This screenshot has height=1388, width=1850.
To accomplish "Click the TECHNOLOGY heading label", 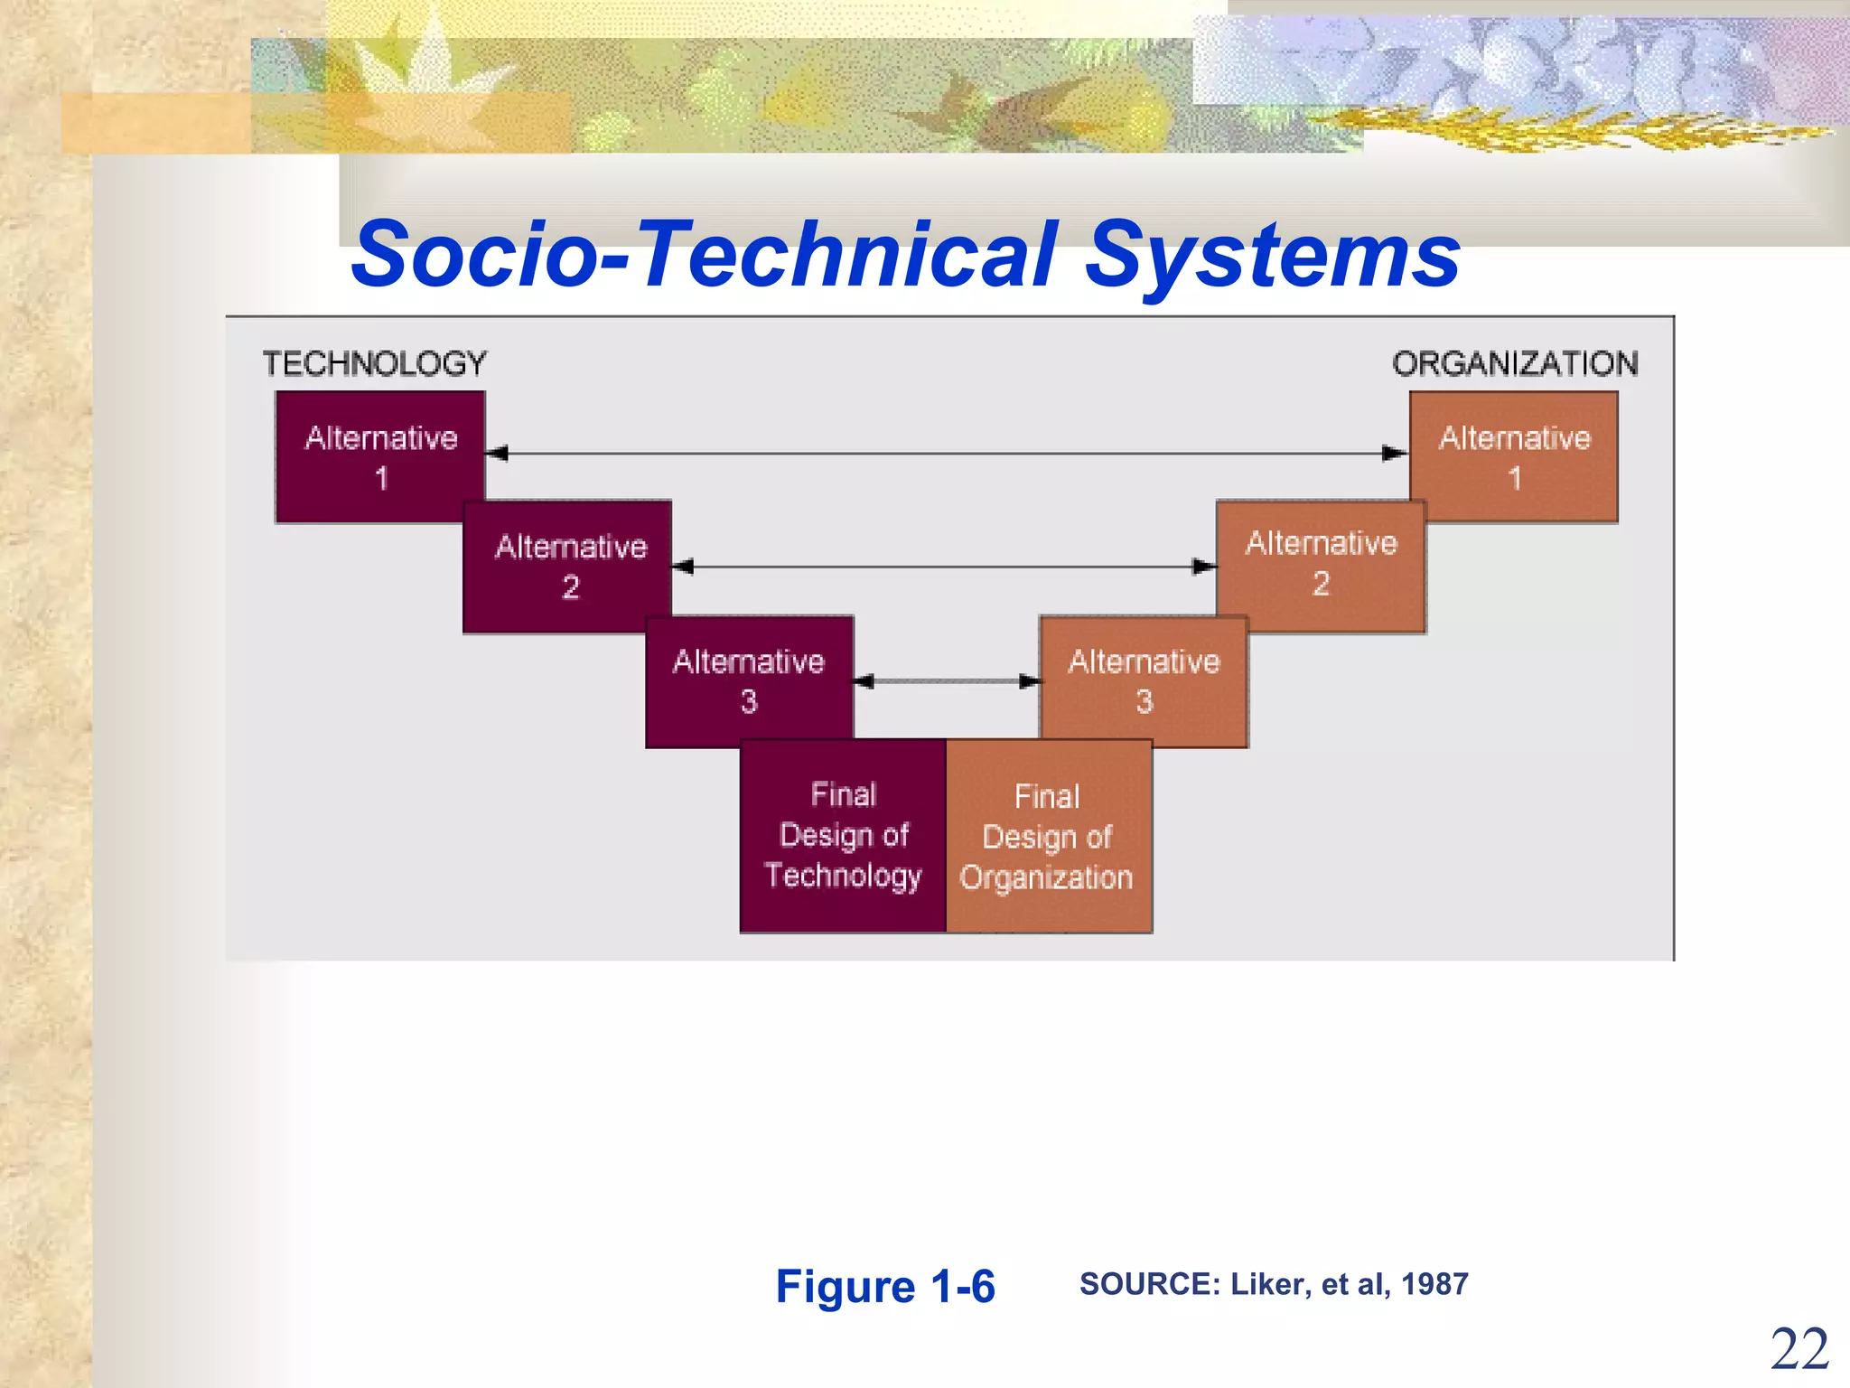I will coord(374,364).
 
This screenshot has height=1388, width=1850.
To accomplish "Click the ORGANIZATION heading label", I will coord(1514,364).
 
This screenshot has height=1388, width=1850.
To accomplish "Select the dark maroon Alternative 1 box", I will coord(379,456).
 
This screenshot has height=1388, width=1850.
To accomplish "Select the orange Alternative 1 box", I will coord(1514,456).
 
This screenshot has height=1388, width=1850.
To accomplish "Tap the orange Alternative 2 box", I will coord(1321,564).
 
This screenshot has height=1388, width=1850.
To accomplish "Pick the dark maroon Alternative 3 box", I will coord(749,681).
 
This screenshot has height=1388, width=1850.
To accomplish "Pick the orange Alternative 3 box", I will coord(1144,681).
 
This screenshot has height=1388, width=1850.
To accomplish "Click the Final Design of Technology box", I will coord(843,836).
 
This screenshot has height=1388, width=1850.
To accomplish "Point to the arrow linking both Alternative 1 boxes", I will coord(947,454).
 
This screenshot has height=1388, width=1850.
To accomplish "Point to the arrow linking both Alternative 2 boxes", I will coord(945,567).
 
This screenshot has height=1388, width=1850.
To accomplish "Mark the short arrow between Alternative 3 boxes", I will coord(947,681).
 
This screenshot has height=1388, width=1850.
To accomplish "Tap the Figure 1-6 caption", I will coord(884,1286).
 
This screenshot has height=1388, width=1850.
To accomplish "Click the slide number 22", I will coord(1799,1350).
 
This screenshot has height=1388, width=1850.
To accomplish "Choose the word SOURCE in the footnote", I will coord(1148,1284).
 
